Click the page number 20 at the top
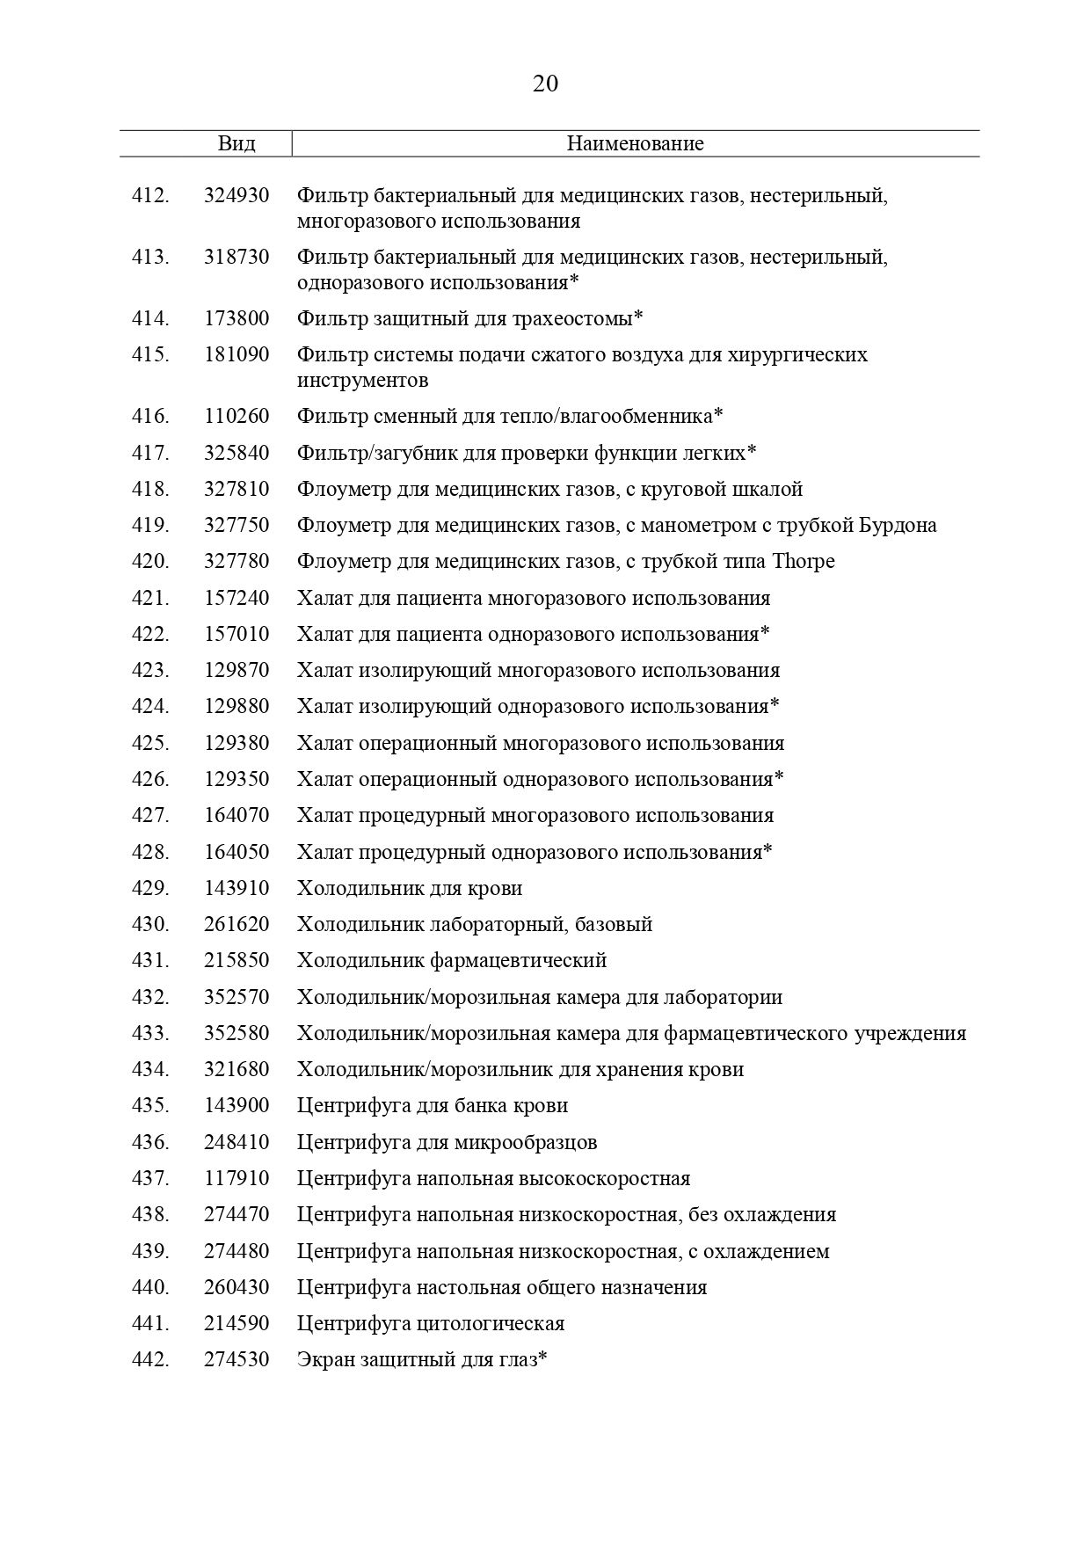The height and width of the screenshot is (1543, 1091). (545, 84)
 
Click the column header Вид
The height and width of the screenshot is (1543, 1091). (236, 143)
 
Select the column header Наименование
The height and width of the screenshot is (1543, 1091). (635, 143)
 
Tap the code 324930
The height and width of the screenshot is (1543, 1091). (236, 195)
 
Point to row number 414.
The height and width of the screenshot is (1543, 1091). (150, 318)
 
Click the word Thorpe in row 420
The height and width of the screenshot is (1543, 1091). (804, 561)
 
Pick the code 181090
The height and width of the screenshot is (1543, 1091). (236, 355)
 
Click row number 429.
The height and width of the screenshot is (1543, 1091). (150, 888)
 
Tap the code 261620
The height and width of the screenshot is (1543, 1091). (236, 924)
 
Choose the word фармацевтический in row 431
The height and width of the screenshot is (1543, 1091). (518, 960)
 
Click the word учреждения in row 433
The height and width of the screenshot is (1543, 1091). (910, 1033)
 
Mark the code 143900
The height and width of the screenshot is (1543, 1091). (236, 1105)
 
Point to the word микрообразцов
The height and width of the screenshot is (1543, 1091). (526, 1142)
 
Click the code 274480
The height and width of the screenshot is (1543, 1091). (236, 1251)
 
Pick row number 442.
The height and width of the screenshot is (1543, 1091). (150, 1359)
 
